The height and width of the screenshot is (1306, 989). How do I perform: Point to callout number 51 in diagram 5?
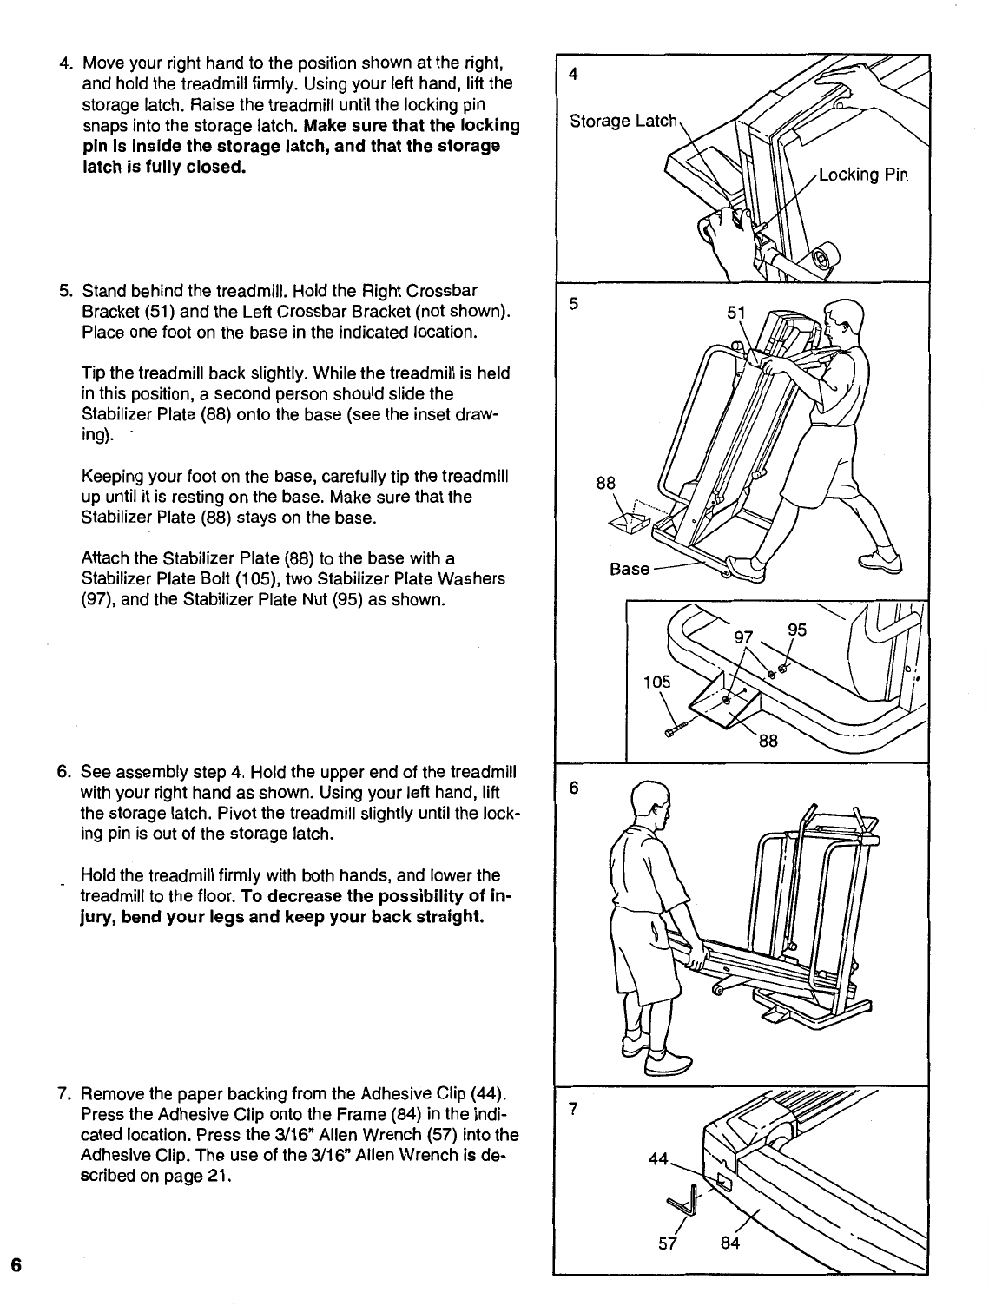point(735,313)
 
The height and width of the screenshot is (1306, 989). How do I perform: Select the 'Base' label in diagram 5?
point(630,569)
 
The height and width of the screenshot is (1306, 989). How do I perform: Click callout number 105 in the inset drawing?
point(657,682)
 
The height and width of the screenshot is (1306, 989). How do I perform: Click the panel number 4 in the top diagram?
point(573,75)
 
